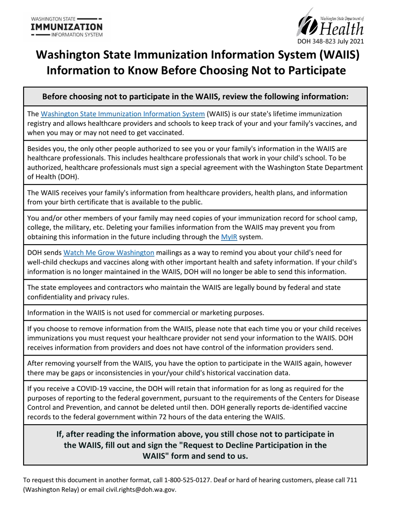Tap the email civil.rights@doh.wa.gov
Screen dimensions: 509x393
pyautogui.click(x=141, y=490)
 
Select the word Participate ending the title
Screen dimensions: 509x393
pyautogui.click(x=311, y=71)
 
